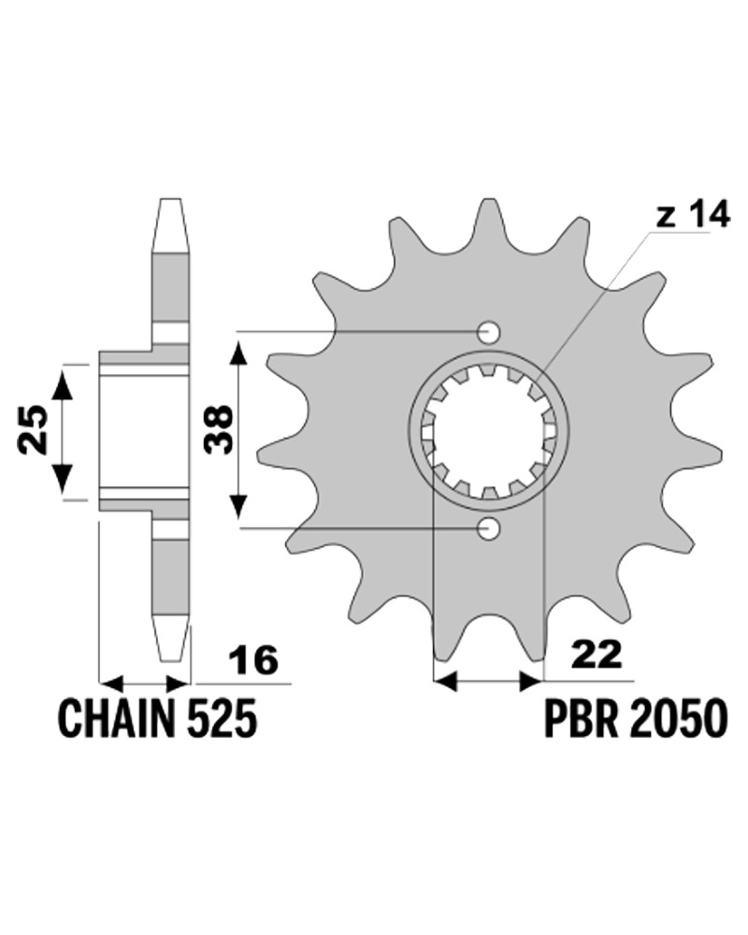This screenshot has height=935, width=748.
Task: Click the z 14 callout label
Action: [x=693, y=215]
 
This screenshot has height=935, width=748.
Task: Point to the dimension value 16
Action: [x=253, y=660]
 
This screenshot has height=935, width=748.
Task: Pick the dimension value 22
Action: [x=597, y=654]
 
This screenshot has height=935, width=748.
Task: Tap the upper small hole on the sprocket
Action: [x=489, y=333]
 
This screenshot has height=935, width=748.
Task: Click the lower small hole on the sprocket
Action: [x=489, y=528]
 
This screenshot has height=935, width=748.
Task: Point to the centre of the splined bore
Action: [x=489, y=430]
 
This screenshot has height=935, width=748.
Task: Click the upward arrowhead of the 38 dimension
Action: [x=238, y=354]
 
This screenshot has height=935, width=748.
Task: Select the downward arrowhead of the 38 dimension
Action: [x=238, y=504]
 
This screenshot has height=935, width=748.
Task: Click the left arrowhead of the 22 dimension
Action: [x=445, y=681]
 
